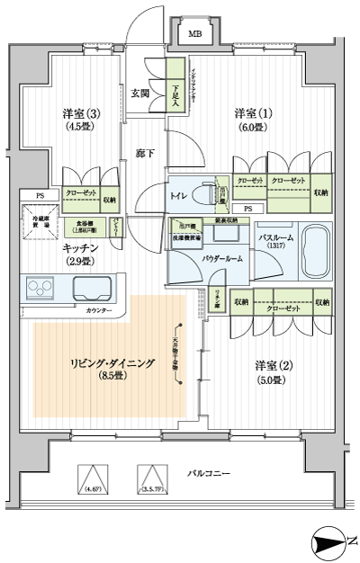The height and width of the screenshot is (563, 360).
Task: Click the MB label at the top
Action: tap(193, 34)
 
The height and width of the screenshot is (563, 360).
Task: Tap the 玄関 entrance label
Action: tap(139, 93)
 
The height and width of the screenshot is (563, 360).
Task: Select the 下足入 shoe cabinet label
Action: tap(176, 94)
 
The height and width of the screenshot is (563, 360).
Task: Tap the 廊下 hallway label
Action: tap(145, 154)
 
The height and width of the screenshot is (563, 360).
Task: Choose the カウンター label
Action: tap(101, 310)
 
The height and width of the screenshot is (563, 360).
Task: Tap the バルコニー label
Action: tap(211, 473)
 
